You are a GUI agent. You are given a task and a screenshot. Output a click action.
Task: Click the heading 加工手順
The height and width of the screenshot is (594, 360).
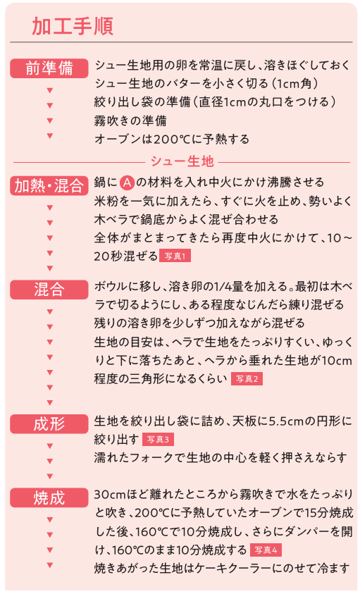click(x=73, y=26)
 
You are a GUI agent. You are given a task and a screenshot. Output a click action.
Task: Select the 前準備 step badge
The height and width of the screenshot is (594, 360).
click(x=49, y=68)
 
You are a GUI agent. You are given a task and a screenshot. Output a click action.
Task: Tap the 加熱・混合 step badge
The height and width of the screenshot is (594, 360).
click(x=49, y=185)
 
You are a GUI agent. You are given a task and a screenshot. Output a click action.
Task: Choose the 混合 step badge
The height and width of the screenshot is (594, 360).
click(x=49, y=290)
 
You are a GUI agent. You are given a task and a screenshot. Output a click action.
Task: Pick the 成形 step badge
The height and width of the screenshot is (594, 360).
click(x=49, y=424)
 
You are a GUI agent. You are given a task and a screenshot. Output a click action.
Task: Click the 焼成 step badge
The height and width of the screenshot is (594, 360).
click(x=49, y=497)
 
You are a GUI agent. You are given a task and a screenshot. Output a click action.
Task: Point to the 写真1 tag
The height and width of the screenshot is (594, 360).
click(x=175, y=256)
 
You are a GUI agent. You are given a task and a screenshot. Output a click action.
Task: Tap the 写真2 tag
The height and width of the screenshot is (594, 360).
click(x=247, y=379)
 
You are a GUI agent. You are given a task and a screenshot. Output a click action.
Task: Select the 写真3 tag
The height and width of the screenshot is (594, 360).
click(x=158, y=440)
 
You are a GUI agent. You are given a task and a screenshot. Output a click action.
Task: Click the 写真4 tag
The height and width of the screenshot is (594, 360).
click(x=266, y=550)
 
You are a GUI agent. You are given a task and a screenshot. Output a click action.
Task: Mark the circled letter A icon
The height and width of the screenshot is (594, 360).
click(x=128, y=182)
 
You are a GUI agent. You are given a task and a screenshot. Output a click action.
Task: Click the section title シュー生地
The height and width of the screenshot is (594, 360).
click(x=182, y=162)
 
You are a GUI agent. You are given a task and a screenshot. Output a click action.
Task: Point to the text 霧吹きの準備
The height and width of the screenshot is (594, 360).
click(x=130, y=121)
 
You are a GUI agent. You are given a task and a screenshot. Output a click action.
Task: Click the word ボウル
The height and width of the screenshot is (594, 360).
click(x=111, y=286)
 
